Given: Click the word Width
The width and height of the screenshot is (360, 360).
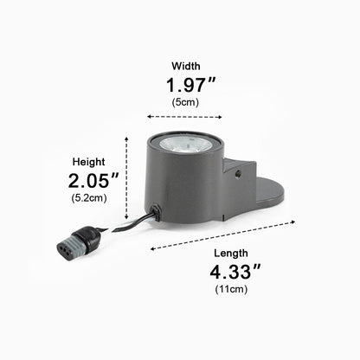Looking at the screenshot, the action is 186,66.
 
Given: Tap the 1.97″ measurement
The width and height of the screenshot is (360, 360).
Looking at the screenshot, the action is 190,85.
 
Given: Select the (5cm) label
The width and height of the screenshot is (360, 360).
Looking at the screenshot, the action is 185,102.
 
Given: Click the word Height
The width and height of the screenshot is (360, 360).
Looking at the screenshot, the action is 88,162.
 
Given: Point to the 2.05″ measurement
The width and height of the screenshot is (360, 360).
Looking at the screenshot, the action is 93,181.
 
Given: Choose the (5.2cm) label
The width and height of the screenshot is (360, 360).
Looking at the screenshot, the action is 89,198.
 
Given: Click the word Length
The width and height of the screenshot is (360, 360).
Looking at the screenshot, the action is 231,254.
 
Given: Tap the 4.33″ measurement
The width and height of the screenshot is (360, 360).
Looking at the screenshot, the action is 235,272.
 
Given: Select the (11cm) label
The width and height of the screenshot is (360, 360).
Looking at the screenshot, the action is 231,289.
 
